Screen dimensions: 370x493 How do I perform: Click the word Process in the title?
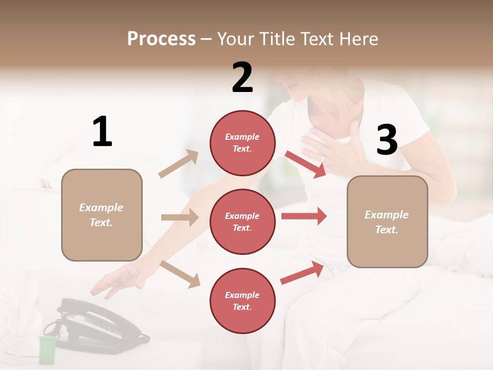pyautogui.click(x=161, y=39)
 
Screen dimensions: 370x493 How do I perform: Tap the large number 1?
pyautogui.click(x=102, y=132)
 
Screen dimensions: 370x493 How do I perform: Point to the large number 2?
pyautogui.click(x=242, y=78)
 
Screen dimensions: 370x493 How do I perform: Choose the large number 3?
pyautogui.click(x=387, y=140)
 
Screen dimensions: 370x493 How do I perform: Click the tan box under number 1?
pyautogui.click(x=102, y=215)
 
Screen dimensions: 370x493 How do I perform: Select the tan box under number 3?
pyautogui.click(x=387, y=222)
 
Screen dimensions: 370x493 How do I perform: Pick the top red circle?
pyautogui.click(x=242, y=143)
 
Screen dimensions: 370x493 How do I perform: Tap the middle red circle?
pyautogui.click(x=242, y=222)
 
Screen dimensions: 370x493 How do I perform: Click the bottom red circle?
pyautogui.click(x=242, y=301)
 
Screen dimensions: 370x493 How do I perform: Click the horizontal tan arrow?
pyautogui.click(x=180, y=217)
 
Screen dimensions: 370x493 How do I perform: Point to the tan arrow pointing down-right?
pyautogui.click(x=180, y=274)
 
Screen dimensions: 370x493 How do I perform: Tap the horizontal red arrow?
pyautogui.click(x=304, y=216)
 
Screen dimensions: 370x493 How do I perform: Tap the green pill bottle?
pyautogui.click(x=47, y=349)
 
